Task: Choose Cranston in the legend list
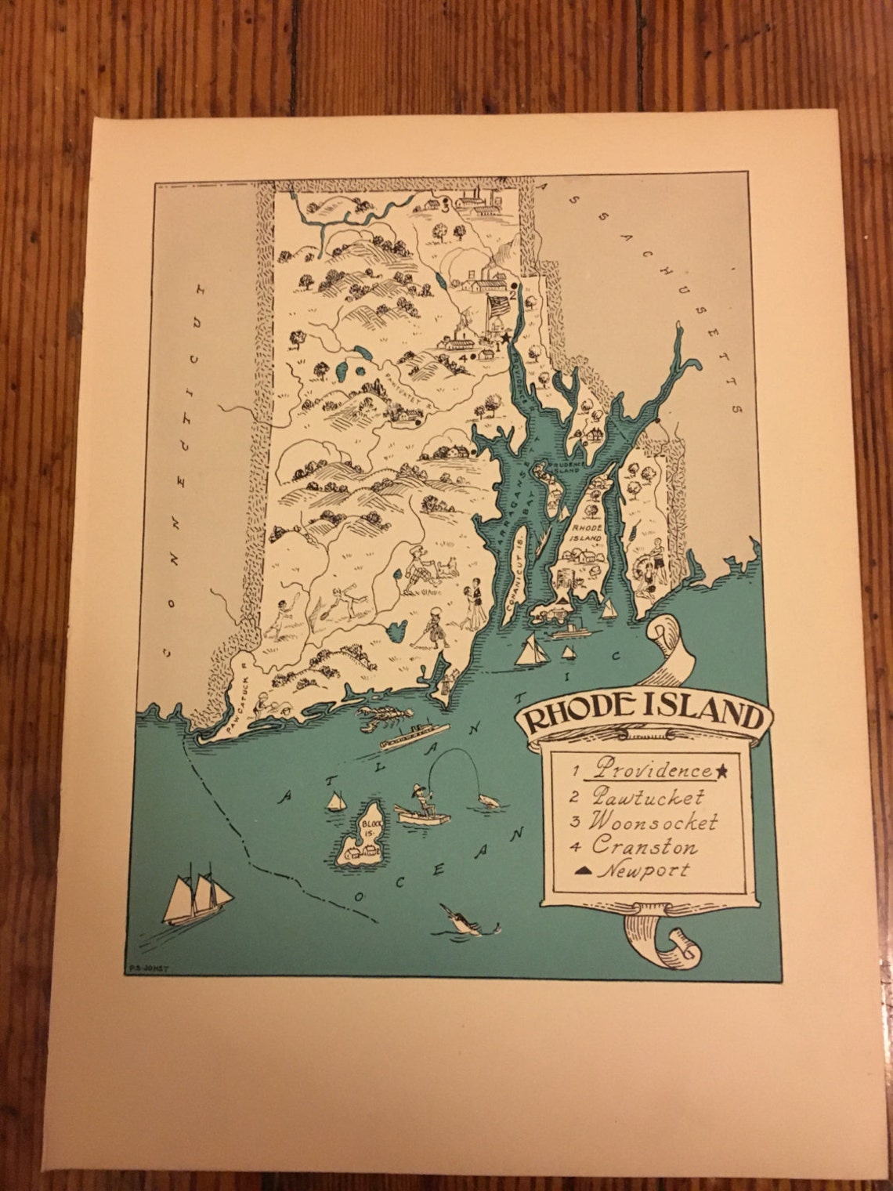644,845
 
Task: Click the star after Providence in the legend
722,771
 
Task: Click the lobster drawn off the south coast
385,715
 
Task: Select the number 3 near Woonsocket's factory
443,208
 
